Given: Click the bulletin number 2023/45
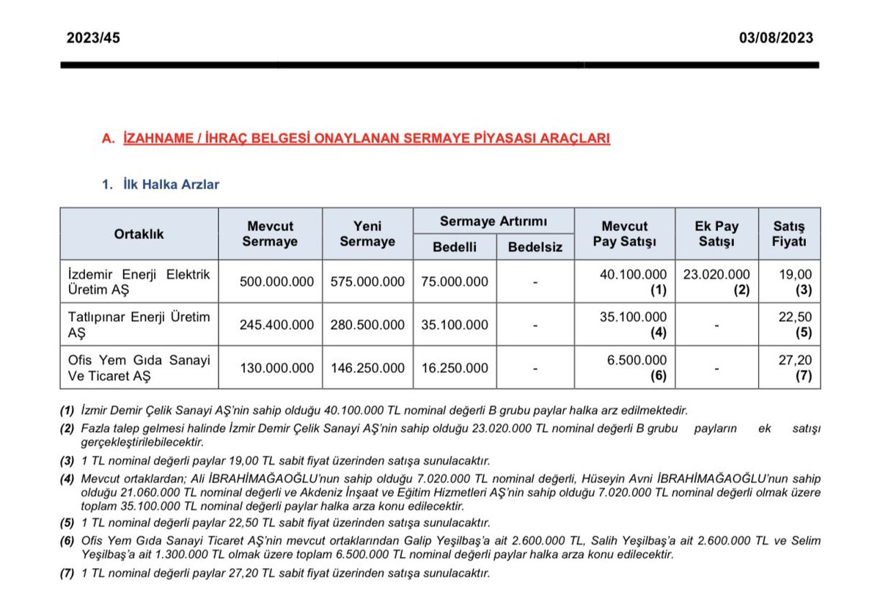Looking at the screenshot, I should click(93, 38).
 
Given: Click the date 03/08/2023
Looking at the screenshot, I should click(776, 38).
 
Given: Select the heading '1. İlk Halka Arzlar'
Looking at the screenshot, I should click(160, 185).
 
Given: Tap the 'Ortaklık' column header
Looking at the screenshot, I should click(139, 235).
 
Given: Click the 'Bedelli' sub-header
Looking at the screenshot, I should click(455, 247).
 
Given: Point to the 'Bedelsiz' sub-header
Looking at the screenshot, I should click(535, 247).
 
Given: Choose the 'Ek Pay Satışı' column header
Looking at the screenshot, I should click(716, 235).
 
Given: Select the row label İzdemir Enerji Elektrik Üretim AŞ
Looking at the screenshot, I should click(139, 282).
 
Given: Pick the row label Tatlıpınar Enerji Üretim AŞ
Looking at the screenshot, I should click(139, 325).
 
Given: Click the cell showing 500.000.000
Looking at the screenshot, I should click(276, 282).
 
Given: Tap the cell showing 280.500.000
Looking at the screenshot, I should click(367, 325).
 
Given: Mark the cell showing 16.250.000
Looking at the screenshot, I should click(455, 368).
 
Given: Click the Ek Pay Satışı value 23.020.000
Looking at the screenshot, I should click(716, 274).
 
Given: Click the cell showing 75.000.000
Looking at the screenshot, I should click(455, 282).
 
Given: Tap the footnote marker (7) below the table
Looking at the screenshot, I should click(68, 573).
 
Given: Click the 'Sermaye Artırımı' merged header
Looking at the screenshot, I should click(494, 221).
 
